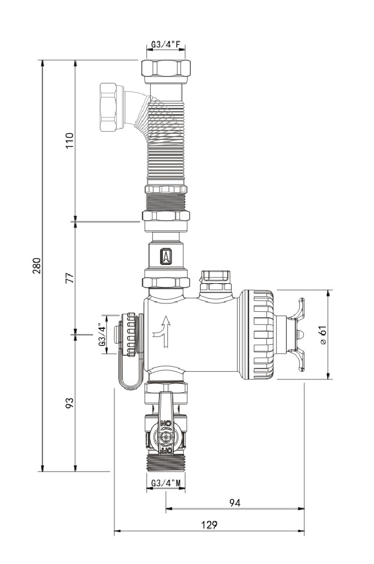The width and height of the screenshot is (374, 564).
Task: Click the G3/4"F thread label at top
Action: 166,45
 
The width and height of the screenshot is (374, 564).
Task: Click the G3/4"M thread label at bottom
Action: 166,484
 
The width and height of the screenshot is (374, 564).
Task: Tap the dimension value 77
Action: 70,277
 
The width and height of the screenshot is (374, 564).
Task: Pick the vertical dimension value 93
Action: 70,403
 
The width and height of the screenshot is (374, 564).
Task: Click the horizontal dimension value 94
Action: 235,502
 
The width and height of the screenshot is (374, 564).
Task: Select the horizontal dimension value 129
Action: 209,525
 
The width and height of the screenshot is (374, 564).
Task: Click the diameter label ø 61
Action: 323,334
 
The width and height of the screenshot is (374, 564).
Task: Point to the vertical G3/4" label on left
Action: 102,334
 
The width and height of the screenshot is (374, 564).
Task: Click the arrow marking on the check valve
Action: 166,257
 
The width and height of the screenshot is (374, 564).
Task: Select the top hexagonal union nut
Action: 166,68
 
